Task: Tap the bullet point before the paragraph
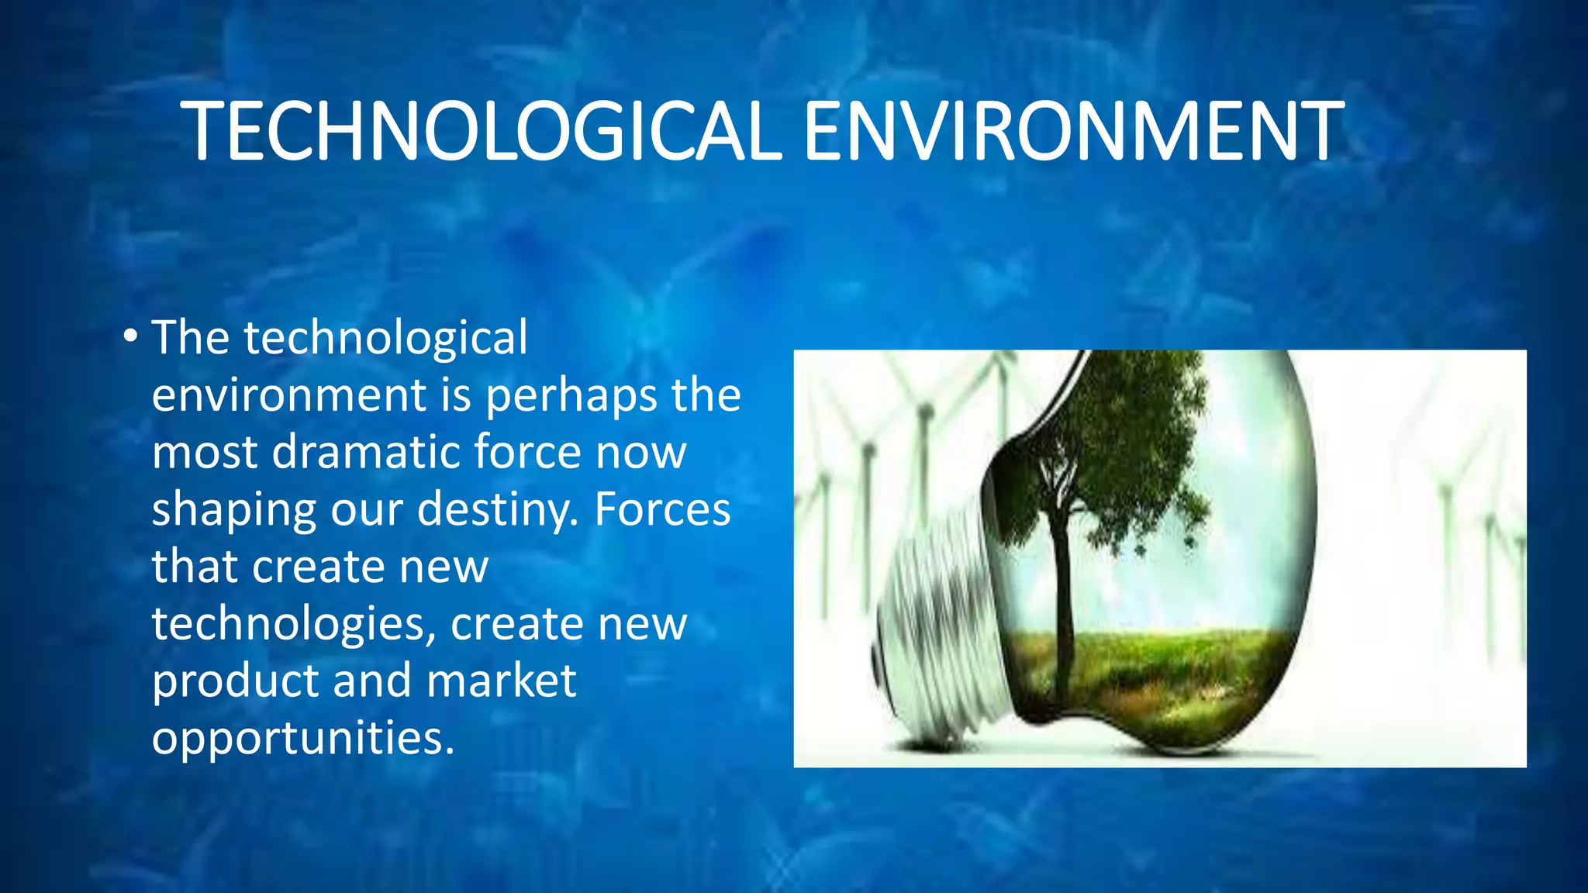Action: click(130, 336)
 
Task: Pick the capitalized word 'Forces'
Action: click(662, 509)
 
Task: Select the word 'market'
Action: click(501, 681)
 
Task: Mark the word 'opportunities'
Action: click(302, 739)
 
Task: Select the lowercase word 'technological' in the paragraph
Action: click(385, 338)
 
